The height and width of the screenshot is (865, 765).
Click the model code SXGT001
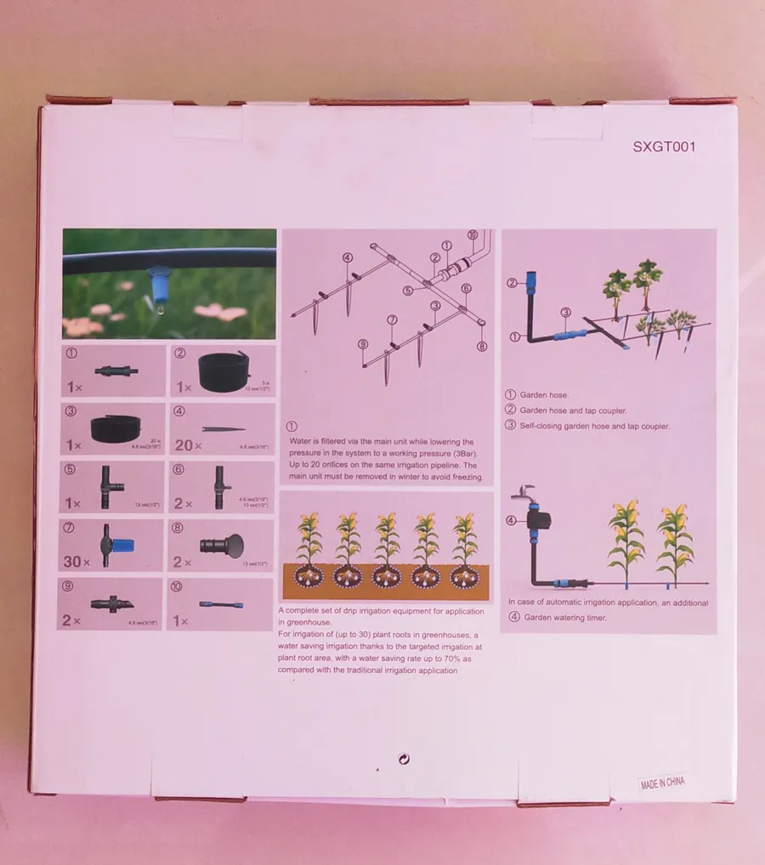(x=664, y=146)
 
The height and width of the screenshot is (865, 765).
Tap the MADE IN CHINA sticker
(x=662, y=783)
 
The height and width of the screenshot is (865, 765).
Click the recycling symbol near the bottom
(x=404, y=759)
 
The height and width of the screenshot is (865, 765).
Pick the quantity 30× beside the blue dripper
(x=77, y=562)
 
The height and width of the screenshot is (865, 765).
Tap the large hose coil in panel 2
(x=223, y=370)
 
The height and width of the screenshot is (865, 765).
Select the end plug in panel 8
(x=220, y=544)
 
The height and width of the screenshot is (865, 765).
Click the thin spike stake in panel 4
(x=224, y=430)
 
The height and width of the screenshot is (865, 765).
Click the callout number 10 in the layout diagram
(x=473, y=235)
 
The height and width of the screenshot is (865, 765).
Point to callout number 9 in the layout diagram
(x=362, y=344)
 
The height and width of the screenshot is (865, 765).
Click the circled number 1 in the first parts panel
(x=71, y=351)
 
